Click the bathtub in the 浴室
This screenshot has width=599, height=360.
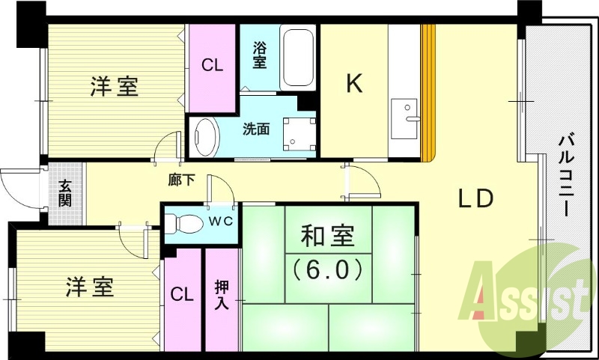[298, 58]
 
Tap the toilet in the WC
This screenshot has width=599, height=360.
[183, 223]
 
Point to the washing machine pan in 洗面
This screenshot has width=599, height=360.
[299, 134]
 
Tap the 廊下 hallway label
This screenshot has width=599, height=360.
[182, 180]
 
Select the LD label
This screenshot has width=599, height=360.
[476, 198]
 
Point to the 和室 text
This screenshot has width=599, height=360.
[328, 237]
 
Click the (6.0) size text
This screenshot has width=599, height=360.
[328, 269]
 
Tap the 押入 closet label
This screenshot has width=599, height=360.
[222, 294]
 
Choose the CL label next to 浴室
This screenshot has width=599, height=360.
[212, 66]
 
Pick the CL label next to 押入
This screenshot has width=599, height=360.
[182, 295]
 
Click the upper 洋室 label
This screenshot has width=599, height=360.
[115, 86]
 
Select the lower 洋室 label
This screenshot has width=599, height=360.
[90, 287]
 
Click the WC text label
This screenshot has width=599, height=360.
[220, 222]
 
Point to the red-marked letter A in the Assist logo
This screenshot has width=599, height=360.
[478, 290]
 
